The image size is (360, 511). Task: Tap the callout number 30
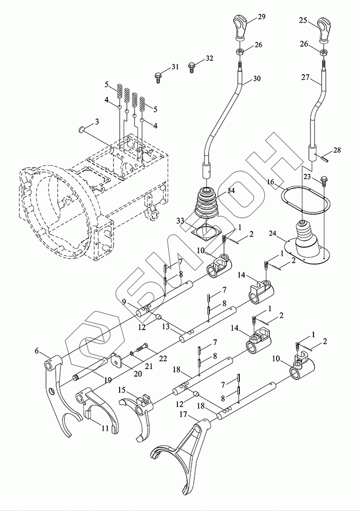coord(257,79)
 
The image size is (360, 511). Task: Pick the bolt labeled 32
coord(192,67)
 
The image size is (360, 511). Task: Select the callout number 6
coord(37,351)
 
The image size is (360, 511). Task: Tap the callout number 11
coord(104,428)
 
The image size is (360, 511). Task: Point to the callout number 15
coord(122,390)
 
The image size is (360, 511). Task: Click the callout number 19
coord(108,380)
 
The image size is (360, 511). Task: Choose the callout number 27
coord(306,77)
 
